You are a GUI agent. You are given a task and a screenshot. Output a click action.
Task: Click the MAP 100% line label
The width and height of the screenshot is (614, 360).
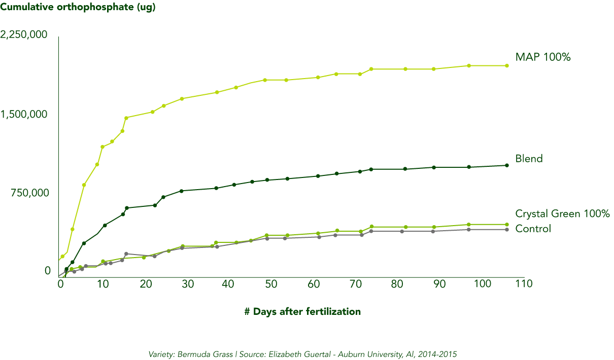click(542, 57)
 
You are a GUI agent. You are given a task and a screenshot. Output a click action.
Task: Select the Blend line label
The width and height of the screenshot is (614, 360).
click(529, 158)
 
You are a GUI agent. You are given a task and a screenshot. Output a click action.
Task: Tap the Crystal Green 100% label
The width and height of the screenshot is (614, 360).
click(562, 213)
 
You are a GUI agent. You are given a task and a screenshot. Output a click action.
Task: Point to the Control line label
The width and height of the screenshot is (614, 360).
click(533, 229)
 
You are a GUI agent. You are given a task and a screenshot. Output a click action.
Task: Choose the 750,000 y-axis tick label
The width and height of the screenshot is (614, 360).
click(29, 193)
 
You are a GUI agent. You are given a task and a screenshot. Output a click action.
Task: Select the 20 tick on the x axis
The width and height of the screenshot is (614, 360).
click(145, 283)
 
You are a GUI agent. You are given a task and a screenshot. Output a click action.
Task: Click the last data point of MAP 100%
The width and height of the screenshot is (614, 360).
click(507, 65)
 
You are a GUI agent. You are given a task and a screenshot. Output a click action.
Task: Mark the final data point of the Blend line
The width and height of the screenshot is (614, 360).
click(507, 165)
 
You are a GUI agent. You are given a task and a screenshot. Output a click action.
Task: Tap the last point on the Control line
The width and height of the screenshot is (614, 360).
click(507, 230)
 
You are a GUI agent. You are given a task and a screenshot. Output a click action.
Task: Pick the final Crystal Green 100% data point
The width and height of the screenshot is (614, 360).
click(507, 224)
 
